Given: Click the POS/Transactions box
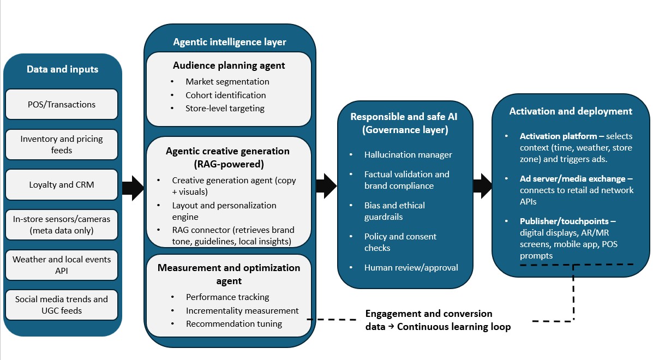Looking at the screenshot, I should (x=62, y=104).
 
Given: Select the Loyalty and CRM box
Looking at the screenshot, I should (x=62, y=185).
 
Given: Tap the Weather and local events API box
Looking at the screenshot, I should (x=62, y=265).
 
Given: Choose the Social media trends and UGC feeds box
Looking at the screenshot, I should (x=62, y=305).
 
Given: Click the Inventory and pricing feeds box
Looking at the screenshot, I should (x=62, y=145).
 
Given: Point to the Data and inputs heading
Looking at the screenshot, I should (x=62, y=69).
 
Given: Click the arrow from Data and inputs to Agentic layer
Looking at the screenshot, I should (x=133, y=188).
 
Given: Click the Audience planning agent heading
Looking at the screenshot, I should (x=229, y=65).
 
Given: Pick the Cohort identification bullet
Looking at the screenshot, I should (x=226, y=95).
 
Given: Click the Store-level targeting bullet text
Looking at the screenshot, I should (x=225, y=108).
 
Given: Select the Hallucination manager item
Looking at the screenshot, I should (x=408, y=155).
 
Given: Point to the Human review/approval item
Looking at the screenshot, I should (x=411, y=268).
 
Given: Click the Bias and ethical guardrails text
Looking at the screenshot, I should (x=394, y=211).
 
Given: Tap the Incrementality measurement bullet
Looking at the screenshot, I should (x=242, y=310).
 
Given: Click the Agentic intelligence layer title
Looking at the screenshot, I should (x=230, y=42).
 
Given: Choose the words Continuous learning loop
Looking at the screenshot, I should (x=453, y=327).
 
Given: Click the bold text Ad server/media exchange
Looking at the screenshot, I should (x=564, y=179).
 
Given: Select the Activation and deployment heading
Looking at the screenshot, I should (x=571, y=111).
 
